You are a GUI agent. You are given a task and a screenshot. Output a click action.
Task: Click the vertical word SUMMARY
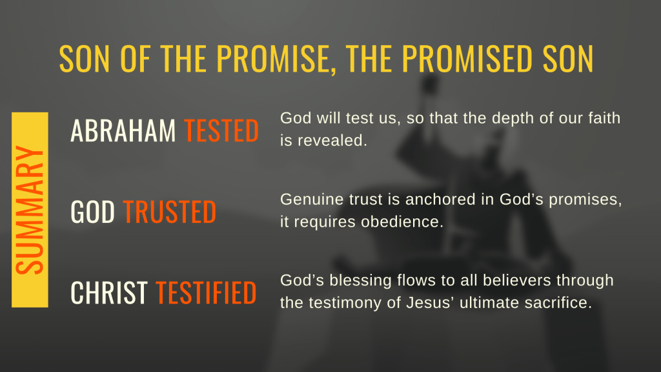[x=30, y=210]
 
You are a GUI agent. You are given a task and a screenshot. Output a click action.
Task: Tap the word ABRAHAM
[x=123, y=130]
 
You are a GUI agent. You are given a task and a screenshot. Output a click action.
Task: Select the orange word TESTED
[x=221, y=130]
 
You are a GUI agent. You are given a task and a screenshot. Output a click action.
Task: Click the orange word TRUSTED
[x=170, y=212]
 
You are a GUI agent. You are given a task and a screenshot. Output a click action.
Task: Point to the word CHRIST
[x=108, y=293]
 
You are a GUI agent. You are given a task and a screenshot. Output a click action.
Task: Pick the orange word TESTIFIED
[x=206, y=293]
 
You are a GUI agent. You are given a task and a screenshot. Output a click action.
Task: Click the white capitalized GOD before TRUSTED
[x=93, y=212]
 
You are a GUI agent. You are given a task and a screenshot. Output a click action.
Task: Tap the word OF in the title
[x=136, y=58]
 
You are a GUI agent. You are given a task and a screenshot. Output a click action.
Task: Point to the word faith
[x=604, y=118]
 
